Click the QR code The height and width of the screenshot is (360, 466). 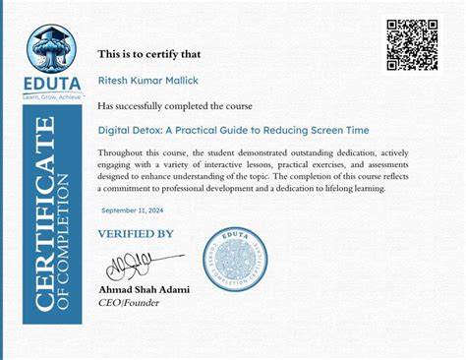click(412, 45)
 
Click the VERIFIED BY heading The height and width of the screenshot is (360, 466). click(136, 233)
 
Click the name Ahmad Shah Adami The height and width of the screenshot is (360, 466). click(145, 289)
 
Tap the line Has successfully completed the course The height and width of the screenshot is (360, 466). click(175, 105)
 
